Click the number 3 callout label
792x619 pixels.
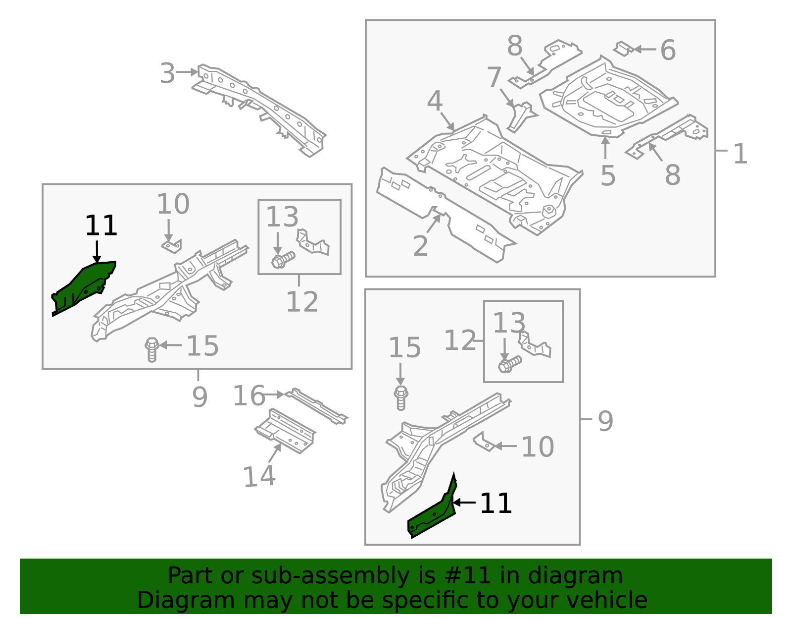(x=167, y=73)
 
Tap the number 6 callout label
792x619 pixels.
(x=668, y=50)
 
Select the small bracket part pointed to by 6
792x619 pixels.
(x=623, y=49)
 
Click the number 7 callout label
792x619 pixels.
(x=494, y=77)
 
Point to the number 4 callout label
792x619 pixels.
(x=434, y=101)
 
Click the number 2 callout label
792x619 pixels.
(x=420, y=246)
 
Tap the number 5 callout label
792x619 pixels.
(x=608, y=175)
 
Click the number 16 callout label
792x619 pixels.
(x=248, y=396)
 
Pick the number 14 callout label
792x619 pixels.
(x=259, y=476)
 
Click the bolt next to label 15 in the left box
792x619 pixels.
(x=152, y=349)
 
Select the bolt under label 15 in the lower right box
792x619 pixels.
(x=401, y=398)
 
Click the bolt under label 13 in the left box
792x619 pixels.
(x=282, y=260)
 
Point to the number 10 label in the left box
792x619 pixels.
(x=173, y=204)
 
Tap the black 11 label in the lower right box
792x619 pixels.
(x=495, y=504)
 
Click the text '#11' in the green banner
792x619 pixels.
(x=467, y=576)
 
